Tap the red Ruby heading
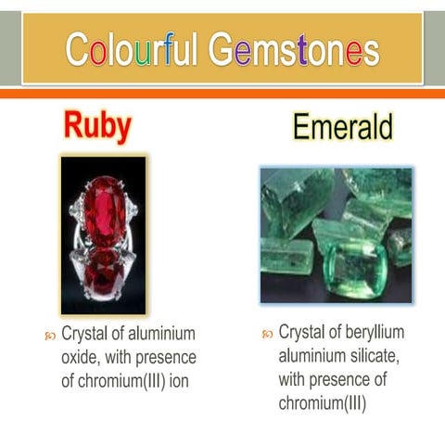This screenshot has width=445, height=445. (97, 126)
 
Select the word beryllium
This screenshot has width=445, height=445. (375, 333)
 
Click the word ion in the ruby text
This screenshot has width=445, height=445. (178, 381)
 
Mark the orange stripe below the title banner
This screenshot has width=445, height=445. (222, 93)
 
